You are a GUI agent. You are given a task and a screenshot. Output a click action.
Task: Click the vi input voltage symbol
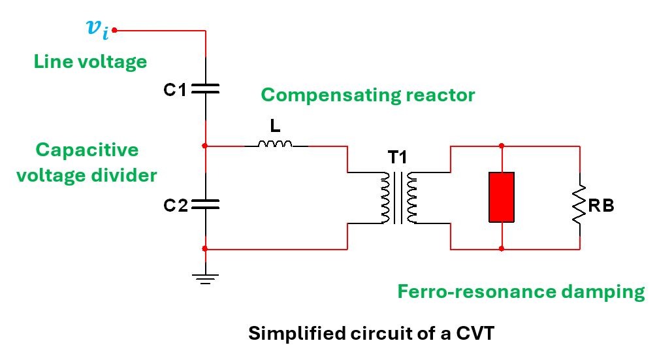click(x=97, y=29)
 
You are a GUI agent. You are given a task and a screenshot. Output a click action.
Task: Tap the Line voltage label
click(x=90, y=62)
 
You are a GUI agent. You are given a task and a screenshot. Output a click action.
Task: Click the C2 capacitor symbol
click(x=206, y=205)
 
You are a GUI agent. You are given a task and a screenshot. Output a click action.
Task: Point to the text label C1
click(x=175, y=90)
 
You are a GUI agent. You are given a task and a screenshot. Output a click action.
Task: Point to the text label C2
click(x=175, y=206)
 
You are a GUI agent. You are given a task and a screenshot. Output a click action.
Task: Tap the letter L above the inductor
click(x=275, y=125)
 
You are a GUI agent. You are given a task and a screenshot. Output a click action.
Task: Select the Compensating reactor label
click(x=368, y=95)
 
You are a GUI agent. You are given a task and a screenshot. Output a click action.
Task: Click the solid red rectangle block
click(x=502, y=197)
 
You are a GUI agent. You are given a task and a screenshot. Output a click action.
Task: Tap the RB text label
click(x=601, y=206)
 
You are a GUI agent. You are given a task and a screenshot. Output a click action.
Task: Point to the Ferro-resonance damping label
click(x=521, y=291)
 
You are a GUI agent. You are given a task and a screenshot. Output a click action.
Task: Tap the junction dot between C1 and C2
click(x=206, y=145)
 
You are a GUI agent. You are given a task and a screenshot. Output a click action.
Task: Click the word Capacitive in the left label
click(x=87, y=150)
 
